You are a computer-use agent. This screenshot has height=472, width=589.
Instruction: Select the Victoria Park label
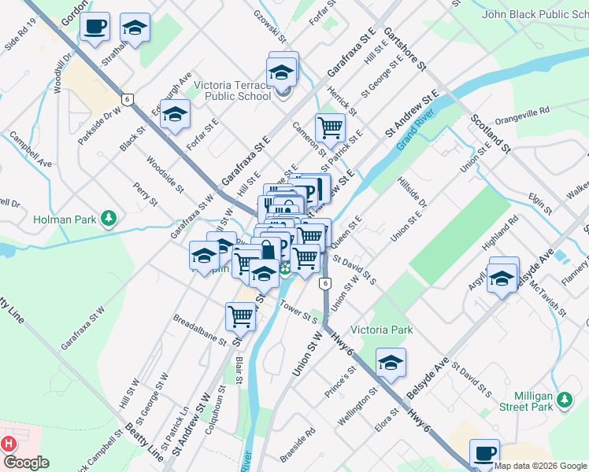381,330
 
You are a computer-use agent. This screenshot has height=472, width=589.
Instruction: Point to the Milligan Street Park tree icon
564,400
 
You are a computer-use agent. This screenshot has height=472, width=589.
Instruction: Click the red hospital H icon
9,444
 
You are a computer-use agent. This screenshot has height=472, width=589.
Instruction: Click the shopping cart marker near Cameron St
331,127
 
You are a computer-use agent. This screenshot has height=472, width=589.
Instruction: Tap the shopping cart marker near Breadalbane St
240,316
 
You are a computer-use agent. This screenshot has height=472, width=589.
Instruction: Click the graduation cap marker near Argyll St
502,279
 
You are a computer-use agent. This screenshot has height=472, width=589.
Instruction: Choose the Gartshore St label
405,48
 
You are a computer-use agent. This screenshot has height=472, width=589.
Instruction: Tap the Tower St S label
301,315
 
